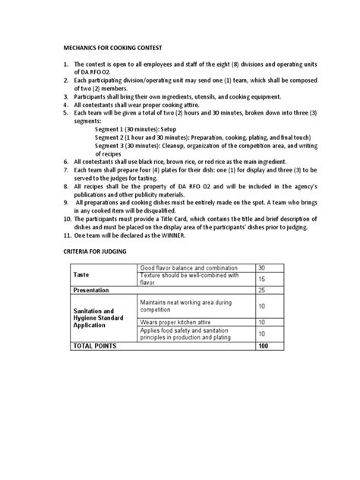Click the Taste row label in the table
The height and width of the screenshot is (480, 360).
click(80, 273)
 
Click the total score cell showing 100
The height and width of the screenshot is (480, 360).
click(263, 346)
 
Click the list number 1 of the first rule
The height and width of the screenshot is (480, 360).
click(65, 65)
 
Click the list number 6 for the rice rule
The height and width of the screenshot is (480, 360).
click(65, 162)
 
